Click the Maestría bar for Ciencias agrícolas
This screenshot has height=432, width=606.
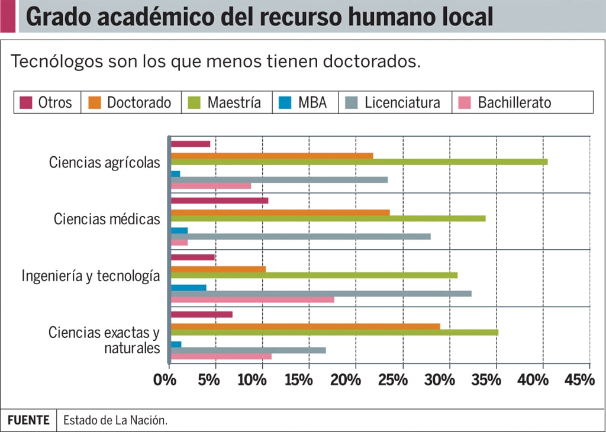click(359, 162)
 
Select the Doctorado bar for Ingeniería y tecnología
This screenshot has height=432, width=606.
click(218, 269)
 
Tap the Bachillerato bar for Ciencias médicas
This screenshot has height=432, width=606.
click(179, 242)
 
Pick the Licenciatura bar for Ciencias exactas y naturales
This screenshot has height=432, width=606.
click(248, 350)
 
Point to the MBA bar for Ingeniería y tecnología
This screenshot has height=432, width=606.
click(188, 287)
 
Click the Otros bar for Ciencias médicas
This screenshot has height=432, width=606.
click(220, 200)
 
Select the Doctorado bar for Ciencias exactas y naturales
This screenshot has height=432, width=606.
click(305, 326)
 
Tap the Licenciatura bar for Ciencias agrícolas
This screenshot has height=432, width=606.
click(279, 179)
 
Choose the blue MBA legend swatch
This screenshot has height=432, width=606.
click(286, 102)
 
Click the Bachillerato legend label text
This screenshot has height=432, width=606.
click(514, 102)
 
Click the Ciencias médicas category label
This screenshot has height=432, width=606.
click(107, 219)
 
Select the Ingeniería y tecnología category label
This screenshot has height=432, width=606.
click(91, 276)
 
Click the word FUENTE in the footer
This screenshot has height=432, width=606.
click(28, 420)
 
